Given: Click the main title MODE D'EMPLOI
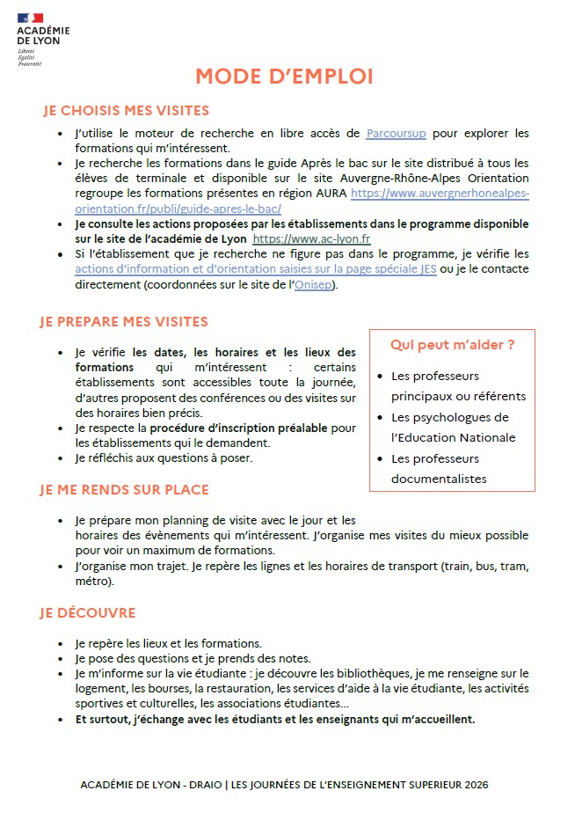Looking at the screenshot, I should point(284,77).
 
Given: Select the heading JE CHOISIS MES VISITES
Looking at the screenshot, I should point(126,111).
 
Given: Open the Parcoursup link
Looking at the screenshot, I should point(396,133).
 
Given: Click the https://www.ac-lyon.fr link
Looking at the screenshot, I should point(311,238).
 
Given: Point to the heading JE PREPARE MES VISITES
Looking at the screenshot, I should point(124,322).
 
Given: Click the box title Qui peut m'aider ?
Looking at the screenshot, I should point(453,345).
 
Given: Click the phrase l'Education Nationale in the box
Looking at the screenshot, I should point(453,437).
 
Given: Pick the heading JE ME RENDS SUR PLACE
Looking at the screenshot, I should point(124,489).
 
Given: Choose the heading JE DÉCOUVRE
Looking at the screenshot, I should point(87,612).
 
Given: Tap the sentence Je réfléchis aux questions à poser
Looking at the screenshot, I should point(164,458).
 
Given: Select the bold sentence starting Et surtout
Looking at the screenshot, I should point(275,719).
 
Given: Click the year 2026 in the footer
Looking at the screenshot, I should point(474,784).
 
